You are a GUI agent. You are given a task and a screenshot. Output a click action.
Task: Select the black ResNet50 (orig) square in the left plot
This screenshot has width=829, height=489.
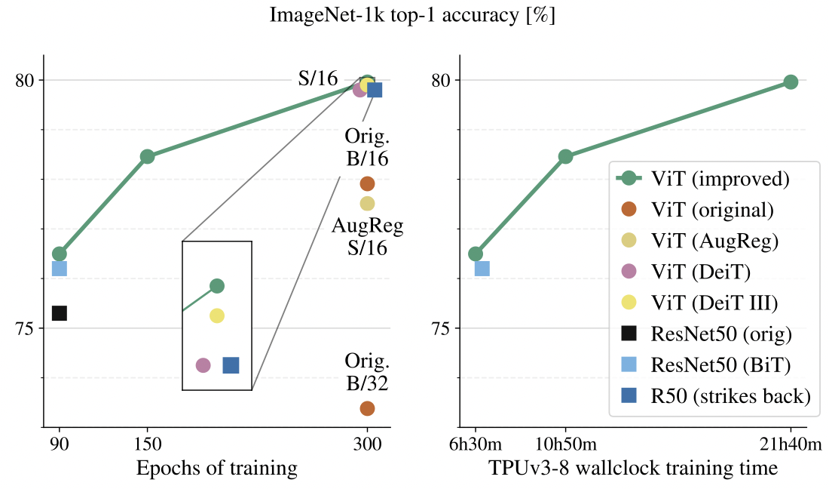[x=60, y=312]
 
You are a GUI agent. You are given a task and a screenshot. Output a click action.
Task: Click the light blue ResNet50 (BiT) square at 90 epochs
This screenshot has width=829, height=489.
[x=60, y=268]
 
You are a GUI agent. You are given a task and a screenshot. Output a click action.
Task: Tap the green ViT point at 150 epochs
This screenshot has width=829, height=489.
[x=148, y=156]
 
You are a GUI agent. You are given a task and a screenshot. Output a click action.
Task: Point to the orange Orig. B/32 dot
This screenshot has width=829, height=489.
[x=367, y=408]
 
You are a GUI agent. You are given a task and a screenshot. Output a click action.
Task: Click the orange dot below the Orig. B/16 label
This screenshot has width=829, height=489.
[x=367, y=183]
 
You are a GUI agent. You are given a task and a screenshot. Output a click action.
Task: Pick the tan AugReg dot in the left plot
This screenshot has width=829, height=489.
[x=367, y=203]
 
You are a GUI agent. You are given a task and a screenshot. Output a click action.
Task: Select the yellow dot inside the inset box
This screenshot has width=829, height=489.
[x=217, y=315]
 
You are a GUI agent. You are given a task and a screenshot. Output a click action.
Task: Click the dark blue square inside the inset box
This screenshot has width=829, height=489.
[x=231, y=365]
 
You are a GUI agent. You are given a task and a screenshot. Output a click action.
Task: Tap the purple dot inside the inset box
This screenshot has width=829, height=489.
[x=203, y=365]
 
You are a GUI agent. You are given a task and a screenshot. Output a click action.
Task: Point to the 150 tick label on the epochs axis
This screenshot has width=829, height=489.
[x=148, y=446]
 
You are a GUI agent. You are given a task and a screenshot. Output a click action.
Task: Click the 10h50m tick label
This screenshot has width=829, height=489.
[x=565, y=446]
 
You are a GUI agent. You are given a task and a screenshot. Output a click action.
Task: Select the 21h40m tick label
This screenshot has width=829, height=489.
[x=791, y=446]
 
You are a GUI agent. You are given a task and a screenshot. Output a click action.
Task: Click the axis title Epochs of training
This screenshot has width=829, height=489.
[x=216, y=469]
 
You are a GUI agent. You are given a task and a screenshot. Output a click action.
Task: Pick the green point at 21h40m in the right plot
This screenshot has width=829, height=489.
[x=791, y=81]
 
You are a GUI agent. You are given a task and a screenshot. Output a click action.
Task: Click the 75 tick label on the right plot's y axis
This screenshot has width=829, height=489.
[x=439, y=328]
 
